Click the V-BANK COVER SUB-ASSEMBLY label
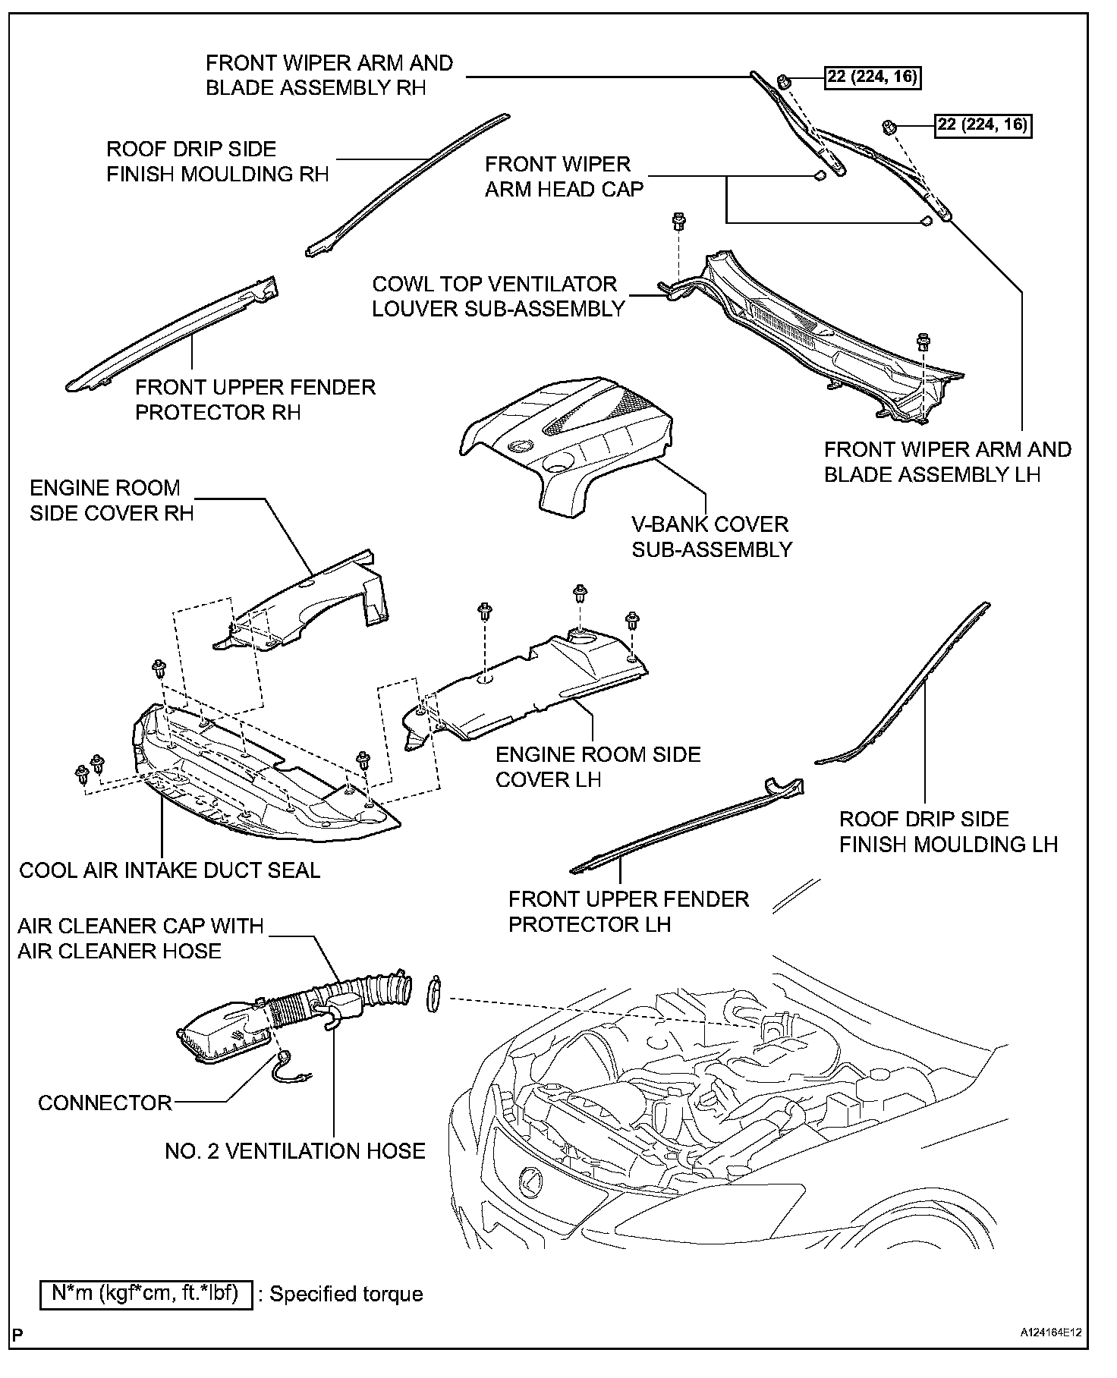pyautogui.click(x=712, y=536)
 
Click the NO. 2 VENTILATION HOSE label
pyautogui.click(x=295, y=1151)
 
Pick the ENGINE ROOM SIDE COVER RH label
pyautogui.click(x=112, y=500)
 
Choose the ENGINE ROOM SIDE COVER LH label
pyautogui.click(x=598, y=766)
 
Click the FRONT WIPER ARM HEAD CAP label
pyautogui.click(x=564, y=177)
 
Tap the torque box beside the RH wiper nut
pyautogui.click(x=873, y=77)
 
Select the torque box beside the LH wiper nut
pyautogui.click(x=983, y=124)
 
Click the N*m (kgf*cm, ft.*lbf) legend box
pyautogui.click(x=146, y=1292)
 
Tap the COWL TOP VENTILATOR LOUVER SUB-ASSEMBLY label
pyautogui.click(x=499, y=297)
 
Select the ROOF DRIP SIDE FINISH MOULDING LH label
pyautogui.click(x=948, y=832)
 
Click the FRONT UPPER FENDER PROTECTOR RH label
pyautogui.click(x=255, y=399)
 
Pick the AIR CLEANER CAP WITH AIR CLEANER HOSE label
pyautogui.click(x=140, y=938)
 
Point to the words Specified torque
pyautogui.click(x=346, y=1294)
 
